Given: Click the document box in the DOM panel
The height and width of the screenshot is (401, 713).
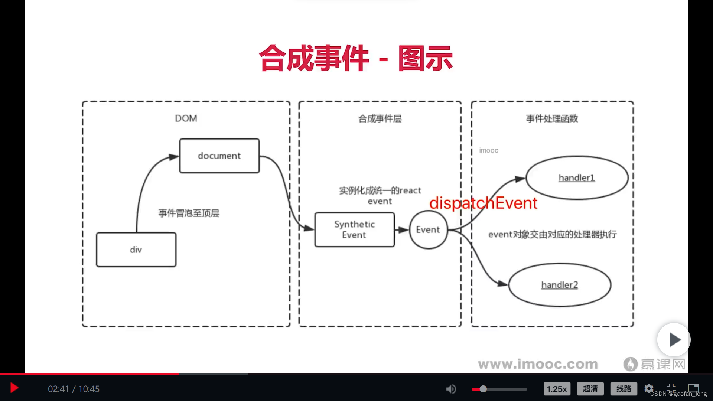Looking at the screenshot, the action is (219, 156).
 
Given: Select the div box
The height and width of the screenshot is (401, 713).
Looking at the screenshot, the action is (136, 250).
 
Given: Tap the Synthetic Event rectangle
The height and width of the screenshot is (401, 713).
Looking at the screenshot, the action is (354, 229).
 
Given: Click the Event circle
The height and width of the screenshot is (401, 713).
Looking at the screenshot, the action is (428, 229).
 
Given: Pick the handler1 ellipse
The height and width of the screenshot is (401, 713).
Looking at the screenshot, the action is (577, 178).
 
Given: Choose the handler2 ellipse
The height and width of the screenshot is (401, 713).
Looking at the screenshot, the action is (560, 285).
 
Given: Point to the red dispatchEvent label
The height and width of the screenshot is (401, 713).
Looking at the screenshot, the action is (483, 203).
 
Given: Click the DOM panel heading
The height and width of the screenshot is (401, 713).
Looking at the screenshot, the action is (186, 118).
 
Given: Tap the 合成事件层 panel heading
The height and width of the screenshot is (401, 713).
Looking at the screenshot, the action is (380, 119).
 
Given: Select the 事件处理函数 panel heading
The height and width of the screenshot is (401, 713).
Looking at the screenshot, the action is (552, 119).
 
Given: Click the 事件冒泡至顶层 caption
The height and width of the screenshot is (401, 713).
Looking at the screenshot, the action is (189, 213).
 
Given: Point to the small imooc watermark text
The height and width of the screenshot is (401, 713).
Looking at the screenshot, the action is (488, 150).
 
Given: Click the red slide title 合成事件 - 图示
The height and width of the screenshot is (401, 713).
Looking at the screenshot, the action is (356, 58).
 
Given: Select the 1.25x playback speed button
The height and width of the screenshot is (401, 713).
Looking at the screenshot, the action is (557, 389).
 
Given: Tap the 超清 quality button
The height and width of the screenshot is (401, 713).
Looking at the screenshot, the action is (590, 389).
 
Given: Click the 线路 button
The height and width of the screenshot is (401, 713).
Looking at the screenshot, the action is (624, 389).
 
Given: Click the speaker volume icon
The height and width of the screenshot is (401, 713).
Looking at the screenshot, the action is (451, 389).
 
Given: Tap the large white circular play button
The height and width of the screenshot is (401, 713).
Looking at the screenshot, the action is (674, 339).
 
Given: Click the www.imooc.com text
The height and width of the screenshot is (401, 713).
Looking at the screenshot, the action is (538, 364).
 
